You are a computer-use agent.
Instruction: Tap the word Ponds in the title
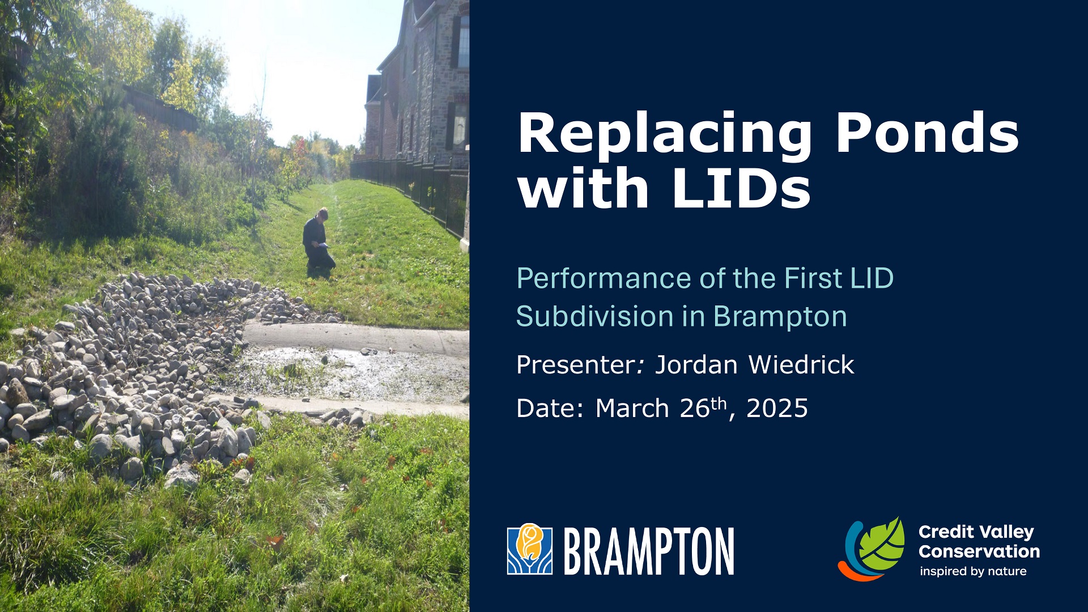[927, 134]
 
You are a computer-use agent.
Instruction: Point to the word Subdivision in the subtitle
[594, 316]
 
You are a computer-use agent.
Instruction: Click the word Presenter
[577, 364]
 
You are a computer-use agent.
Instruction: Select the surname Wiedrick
[801, 364]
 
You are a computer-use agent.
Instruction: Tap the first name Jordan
[696, 364]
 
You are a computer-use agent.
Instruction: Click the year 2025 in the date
[777, 408]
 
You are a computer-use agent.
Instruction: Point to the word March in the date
[632, 408]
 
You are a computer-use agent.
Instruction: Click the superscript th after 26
[718, 403]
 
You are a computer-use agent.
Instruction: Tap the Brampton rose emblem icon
[529, 549]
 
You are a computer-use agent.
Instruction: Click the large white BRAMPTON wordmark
[649, 551]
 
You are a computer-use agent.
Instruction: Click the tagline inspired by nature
[973, 571]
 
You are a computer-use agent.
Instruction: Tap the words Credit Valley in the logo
[976, 532]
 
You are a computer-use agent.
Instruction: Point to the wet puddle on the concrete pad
[351, 371]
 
